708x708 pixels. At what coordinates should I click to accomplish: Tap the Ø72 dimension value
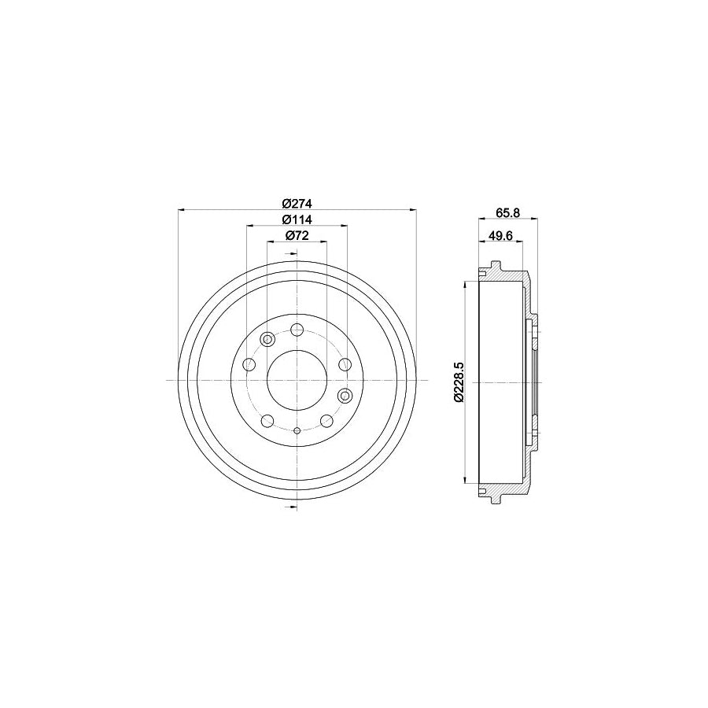[296, 235]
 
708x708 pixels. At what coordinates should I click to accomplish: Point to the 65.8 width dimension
[507, 211]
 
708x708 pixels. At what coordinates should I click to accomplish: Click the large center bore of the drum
[297, 381]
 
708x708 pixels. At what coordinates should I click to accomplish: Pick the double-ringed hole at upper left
[267, 339]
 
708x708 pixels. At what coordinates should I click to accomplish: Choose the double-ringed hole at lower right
[344, 395]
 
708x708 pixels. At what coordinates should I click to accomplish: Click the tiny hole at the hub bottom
[297, 430]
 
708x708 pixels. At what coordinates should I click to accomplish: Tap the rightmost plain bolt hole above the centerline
[345, 364]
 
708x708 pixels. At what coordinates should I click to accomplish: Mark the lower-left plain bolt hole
[267, 421]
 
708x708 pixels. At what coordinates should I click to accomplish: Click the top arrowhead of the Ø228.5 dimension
[467, 282]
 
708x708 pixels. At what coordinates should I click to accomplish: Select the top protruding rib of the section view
[496, 265]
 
